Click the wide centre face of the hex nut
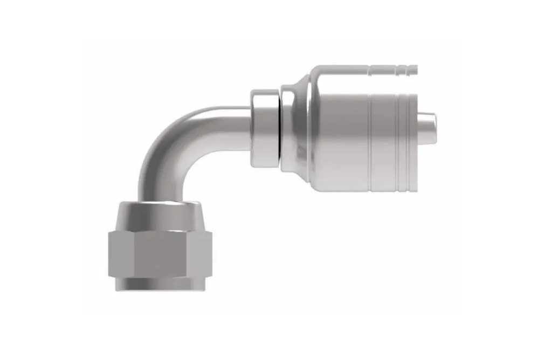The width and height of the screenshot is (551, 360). click(x=161, y=252)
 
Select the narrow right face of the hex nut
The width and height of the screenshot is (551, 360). click(x=205, y=252)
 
